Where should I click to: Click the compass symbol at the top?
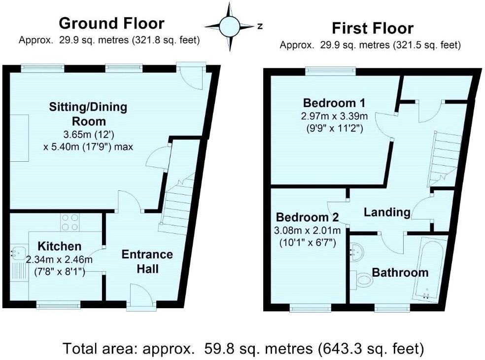click(229, 27)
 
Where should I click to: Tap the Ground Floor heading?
click(111, 23)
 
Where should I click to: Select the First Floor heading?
click(372, 28)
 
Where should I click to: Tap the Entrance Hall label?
click(147, 261)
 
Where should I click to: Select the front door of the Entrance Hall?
click(140, 297)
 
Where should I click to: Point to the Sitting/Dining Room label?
click(87, 114)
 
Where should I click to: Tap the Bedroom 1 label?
click(334, 103)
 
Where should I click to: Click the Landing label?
click(387, 212)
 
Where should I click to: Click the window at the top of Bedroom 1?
click(331, 71)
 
